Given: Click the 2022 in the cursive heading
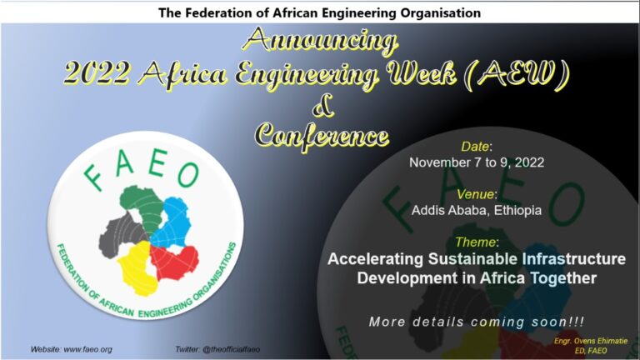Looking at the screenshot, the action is tap(97, 72).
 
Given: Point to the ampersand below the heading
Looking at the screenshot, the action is tap(322, 106).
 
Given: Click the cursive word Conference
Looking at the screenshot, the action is tap(322, 136).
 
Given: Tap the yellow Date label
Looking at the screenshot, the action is tap(475, 147).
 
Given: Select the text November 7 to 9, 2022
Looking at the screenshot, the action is tap(477, 162).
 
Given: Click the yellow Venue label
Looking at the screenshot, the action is tap(476, 194).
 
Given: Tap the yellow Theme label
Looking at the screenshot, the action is tap(475, 242).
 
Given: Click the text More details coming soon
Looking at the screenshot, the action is tap(477, 322).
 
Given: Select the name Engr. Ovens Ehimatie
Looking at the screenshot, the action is tap(590, 341).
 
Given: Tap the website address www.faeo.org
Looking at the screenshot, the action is tap(87, 350).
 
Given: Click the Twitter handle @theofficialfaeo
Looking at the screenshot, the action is tap(231, 350).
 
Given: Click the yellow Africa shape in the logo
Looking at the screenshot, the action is tap(137, 267).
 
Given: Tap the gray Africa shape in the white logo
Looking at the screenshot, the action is tap(121, 235).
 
